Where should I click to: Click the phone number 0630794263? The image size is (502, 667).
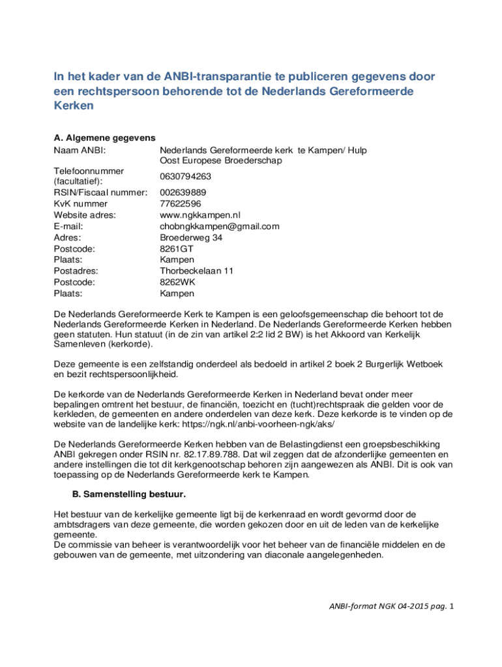pyautogui.click(x=185, y=177)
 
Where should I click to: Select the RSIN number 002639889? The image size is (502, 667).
pyautogui.click(x=183, y=193)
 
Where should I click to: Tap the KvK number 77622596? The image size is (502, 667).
pyautogui.click(x=181, y=204)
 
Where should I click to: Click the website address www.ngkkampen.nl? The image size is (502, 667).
pyautogui.click(x=200, y=215)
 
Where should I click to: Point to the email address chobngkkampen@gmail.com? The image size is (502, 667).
pyautogui.click(x=220, y=226)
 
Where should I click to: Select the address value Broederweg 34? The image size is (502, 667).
pyautogui.click(x=191, y=238)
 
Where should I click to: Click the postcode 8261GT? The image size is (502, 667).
pyautogui.click(x=177, y=249)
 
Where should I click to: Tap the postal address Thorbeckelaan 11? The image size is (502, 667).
pyautogui.click(x=197, y=271)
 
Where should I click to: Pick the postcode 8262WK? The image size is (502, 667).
pyautogui.click(x=177, y=282)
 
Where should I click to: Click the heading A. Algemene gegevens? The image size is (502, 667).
pyautogui.click(x=104, y=137)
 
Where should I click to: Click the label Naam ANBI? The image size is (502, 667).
pyautogui.click(x=80, y=150)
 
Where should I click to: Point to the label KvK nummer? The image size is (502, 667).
pyautogui.click(x=81, y=204)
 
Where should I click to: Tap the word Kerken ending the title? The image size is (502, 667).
pyautogui.click(x=74, y=105)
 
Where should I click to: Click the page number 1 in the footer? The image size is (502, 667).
pyautogui.click(x=451, y=606)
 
